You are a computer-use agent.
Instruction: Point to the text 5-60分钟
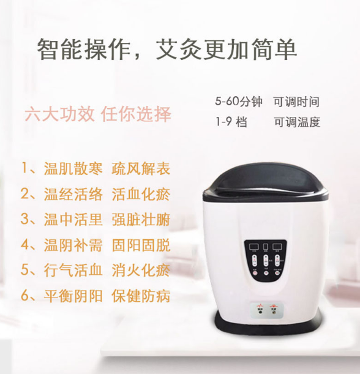coord(238,102)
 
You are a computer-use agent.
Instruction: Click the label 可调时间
coord(296,102)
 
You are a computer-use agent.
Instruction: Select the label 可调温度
coord(296,122)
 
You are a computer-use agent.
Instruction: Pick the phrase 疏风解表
coord(141,169)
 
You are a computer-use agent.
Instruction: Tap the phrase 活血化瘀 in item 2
coord(141,195)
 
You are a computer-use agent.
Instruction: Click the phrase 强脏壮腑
coord(141,220)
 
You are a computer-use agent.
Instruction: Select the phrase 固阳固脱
coord(141,246)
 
